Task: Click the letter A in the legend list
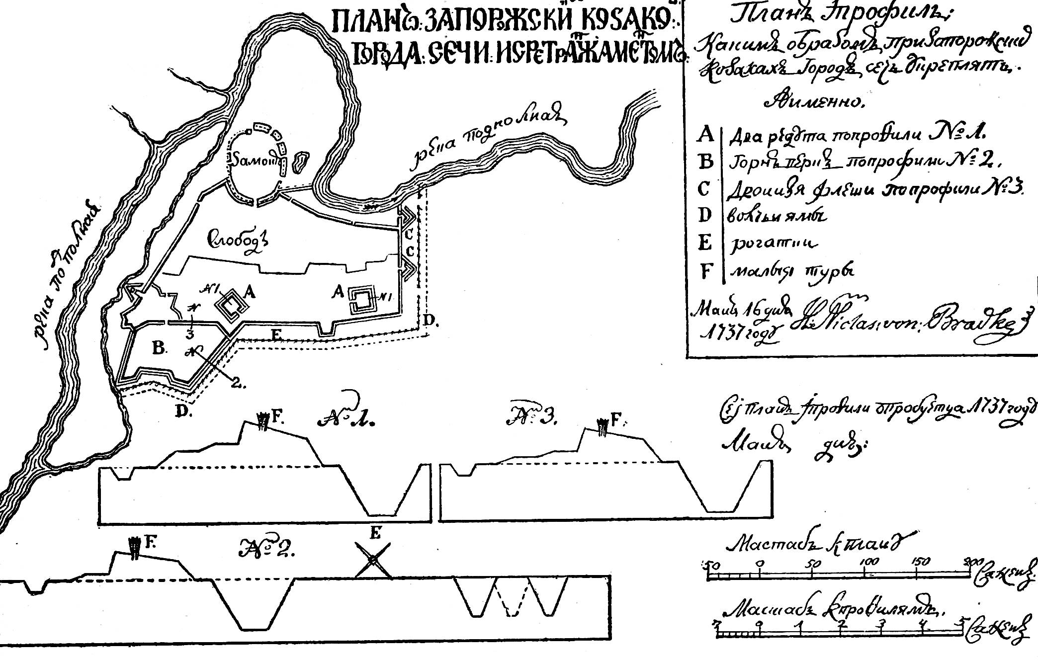pyautogui.click(x=706, y=135)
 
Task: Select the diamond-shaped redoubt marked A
pyautogui.click(x=231, y=305)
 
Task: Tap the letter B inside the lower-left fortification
pyautogui.click(x=159, y=348)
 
